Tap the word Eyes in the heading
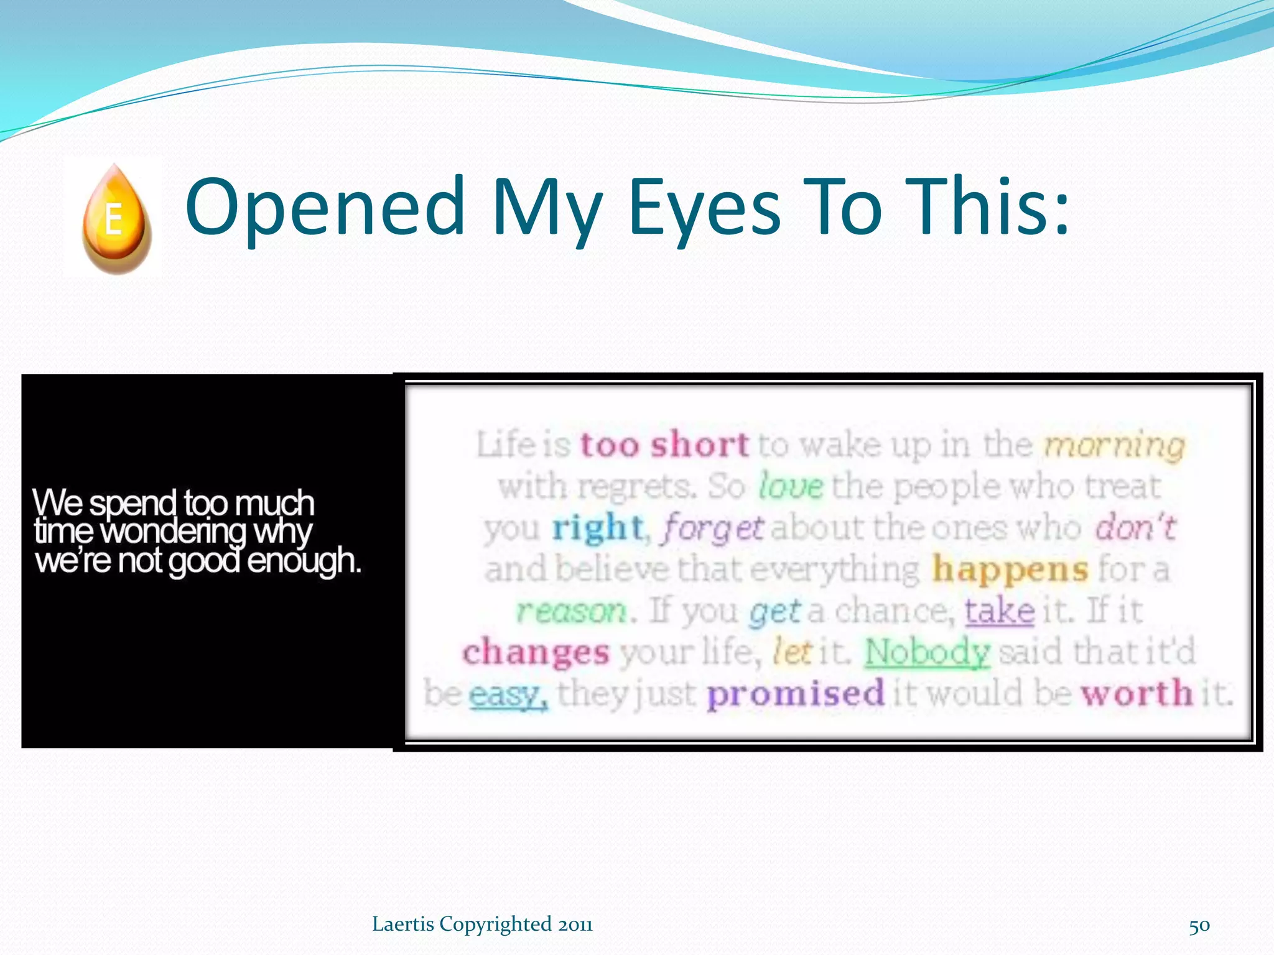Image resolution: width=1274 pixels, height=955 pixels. pyautogui.click(x=704, y=208)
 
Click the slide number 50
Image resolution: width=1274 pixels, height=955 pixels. pyautogui.click(x=1199, y=926)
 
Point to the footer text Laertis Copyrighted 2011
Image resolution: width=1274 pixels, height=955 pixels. pyautogui.click(x=482, y=925)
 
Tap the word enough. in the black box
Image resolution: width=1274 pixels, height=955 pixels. pyautogui.click(x=304, y=561)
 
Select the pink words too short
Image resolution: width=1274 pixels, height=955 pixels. pyautogui.click(x=664, y=445)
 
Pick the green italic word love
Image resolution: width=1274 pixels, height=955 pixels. pyautogui.click(x=791, y=486)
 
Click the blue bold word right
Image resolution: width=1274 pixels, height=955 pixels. pyautogui.click(x=597, y=527)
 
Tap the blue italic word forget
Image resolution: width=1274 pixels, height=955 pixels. pyautogui.click(x=713, y=528)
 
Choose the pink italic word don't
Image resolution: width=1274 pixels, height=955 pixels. pyautogui.click(x=1135, y=527)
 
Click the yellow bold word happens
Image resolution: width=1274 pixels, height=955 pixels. pyautogui.click(x=1010, y=569)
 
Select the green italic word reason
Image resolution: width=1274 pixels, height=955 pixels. pyautogui.click(x=572, y=611)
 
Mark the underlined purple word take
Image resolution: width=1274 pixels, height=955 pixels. pyautogui.click(x=999, y=611)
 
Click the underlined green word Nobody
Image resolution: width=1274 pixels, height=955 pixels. pyautogui.click(x=926, y=652)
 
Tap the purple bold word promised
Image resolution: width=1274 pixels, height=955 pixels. pyautogui.click(x=795, y=693)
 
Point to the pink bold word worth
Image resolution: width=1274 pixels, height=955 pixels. pyautogui.click(x=1137, y=693)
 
